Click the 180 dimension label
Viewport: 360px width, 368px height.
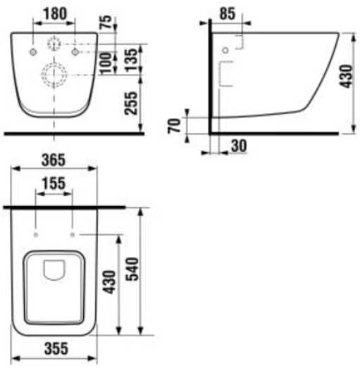(56, 13)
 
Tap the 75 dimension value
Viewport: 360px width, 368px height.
(106, 22)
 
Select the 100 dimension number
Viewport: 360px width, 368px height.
(106, 62)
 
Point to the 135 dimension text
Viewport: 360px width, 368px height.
(131, 60)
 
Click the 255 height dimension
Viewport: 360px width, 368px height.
(130, 103)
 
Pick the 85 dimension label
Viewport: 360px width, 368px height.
(228, 13)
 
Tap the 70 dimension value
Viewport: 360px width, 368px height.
(174, 126)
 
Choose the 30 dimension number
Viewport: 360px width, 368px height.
(239, 146)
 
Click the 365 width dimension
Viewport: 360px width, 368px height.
(54, 160)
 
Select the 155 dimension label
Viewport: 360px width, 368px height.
(54, 183)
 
